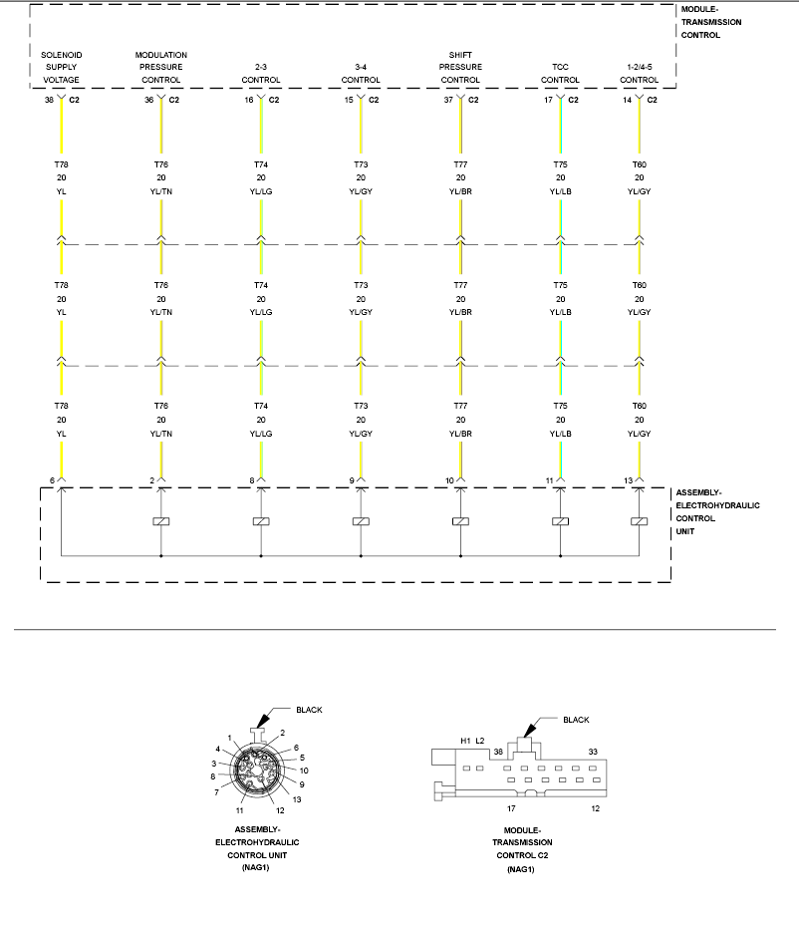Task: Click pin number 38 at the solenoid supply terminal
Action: point(49,100)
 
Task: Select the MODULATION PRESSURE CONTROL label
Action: point(161,67)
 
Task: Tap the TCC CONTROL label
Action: point(560,74)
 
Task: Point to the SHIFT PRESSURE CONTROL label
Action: point(460,67)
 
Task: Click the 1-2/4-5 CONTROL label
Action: point(639,74)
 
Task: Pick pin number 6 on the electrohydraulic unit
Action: point(53,480)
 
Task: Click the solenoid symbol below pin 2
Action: point(161,521)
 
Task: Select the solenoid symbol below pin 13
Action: point(640,521)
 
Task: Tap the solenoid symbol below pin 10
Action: point(460,521)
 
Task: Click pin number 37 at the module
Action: point(447,100)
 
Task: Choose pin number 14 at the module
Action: point(627,100)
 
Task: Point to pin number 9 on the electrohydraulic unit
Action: point(352,480)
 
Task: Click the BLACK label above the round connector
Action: point(309,710)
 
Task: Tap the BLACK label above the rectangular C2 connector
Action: point(576,720)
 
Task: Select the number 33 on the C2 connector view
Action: point(593,751)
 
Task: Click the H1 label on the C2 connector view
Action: point(465,740)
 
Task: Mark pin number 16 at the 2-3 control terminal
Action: point(248,100)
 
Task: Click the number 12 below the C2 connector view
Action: point(595,808)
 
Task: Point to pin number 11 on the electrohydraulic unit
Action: point(549,480)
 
